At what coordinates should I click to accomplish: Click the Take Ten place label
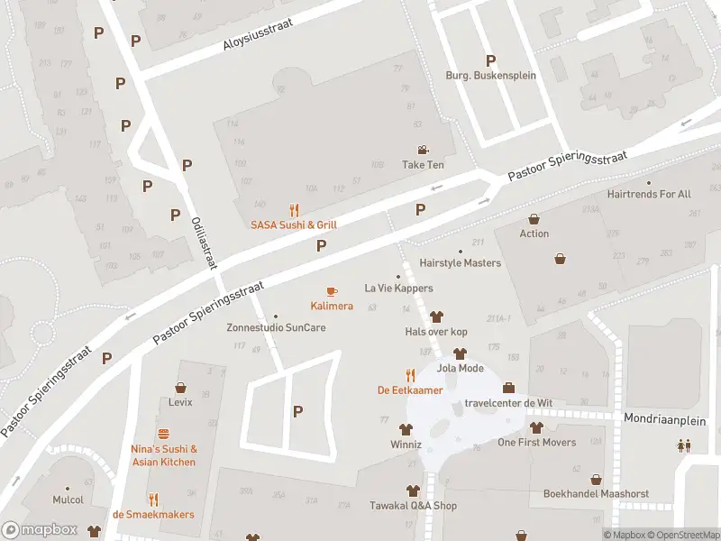point(423,165)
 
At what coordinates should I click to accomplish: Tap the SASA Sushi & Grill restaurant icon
point(294,210)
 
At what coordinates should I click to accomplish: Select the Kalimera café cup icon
point(332,291)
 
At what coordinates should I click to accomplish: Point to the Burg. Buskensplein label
point(491,76)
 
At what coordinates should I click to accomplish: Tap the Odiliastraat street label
point(205,242)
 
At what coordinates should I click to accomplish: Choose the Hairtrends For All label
point(649,194)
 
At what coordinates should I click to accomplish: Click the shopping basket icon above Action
point(534,219)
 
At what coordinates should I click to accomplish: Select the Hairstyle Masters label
point(460,263)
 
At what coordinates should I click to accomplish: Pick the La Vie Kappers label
point(398,289)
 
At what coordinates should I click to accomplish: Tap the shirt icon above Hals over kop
point(436,316)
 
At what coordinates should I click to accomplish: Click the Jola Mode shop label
point(460,368)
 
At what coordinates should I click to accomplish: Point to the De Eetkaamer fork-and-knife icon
point(410,375)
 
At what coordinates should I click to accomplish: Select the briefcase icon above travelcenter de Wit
point(508,388)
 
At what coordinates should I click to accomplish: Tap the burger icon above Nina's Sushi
point(163,434)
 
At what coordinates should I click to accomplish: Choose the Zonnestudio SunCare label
point(276,327)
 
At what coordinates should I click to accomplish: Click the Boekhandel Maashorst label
point(595,494)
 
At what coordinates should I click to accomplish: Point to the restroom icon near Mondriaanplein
point(684,445)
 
